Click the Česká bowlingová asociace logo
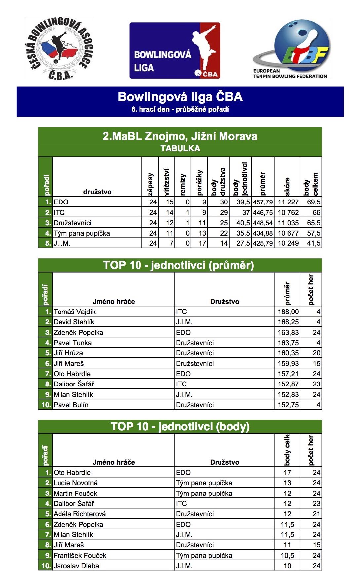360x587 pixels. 59,49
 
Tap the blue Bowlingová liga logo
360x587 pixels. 175,51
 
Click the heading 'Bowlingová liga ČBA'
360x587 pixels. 180,97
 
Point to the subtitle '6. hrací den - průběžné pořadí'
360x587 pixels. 180,109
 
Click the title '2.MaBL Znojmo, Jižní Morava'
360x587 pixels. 180,136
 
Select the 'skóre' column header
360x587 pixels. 287,186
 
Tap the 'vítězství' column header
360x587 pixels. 167,182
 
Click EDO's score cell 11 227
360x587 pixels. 288,202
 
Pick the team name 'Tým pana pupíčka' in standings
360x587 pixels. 82,233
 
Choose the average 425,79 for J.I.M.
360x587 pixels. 263,243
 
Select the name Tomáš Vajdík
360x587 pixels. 75,312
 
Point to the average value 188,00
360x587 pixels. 288,312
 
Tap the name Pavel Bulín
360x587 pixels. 71,405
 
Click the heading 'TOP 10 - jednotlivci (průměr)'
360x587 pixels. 179,265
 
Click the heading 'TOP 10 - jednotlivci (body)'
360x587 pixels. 180,426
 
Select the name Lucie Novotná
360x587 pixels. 76,483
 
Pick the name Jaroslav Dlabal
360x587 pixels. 77,566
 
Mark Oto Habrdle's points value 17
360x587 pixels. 287,473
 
